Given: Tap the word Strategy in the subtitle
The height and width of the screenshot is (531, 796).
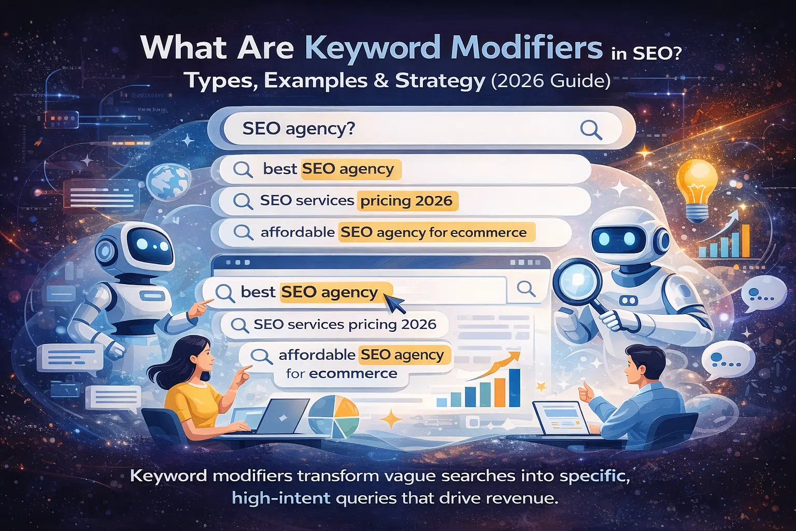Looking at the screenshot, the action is pos(440,81).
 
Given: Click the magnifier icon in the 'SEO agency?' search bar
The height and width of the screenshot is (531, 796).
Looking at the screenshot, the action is pos(591,130).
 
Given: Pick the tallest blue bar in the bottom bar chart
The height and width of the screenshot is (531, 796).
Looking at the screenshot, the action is pos(514,388).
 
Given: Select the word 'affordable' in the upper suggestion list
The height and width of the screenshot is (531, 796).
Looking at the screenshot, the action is pos(297,232).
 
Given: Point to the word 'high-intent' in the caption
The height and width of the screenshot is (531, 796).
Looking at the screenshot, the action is pos(281,498).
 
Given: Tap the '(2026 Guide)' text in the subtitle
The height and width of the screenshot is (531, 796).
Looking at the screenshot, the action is pos(550,81).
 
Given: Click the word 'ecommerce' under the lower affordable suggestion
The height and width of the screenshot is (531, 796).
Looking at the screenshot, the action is pos(353,373).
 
